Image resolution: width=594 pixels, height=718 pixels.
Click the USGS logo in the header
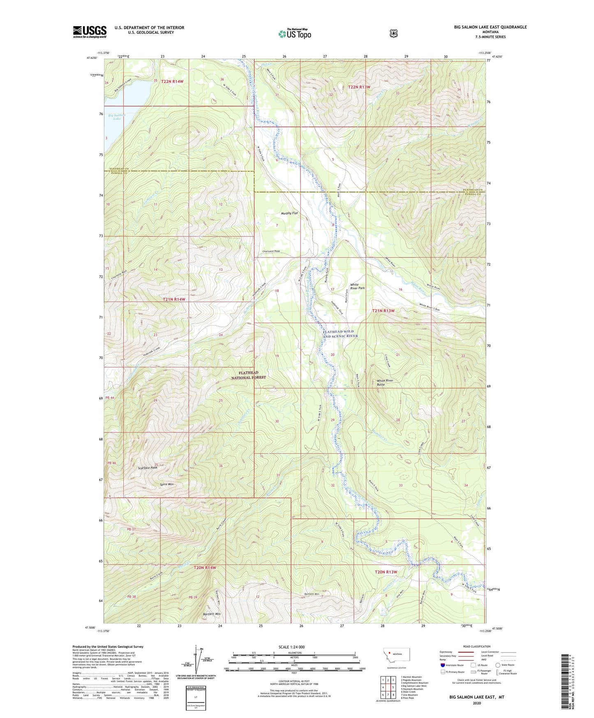pyautogui.click(x=90, y=32)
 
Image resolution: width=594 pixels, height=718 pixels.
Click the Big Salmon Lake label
pyautogui.click(x=117, y=117)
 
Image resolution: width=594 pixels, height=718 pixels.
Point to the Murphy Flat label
pyautogui.click(x=289, y=213)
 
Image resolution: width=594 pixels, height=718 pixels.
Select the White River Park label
pyautogui.click(x=357, y=286)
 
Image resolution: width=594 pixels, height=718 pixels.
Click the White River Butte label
pyautogui.click(x=385, y=382)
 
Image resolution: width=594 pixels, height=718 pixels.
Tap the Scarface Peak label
pyautogui.click(x=148, y=468)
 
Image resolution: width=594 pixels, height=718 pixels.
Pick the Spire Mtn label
pyautogui.click(x=166, y=484)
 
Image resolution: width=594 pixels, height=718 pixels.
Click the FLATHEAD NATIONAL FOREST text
pyautogui.click(x=248, y=375)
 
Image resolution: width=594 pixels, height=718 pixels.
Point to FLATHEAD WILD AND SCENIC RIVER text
pyautogui.click(x=340, y=334)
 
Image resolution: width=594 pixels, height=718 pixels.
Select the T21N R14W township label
pyautogui.click(x=173, y=299)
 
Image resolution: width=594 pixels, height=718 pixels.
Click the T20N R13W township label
pyautogui.click(x=386, y=572)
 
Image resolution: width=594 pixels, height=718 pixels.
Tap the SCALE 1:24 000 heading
pyautogui.click(x=291, y=647)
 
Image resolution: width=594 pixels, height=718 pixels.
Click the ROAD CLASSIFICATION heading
pyautogui.click(x=476, y=646)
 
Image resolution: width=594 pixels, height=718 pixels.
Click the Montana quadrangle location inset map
pyautogui.click(x=397, y=665)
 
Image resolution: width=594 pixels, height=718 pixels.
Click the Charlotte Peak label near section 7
pyautogui.click(x=271, y=251)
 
